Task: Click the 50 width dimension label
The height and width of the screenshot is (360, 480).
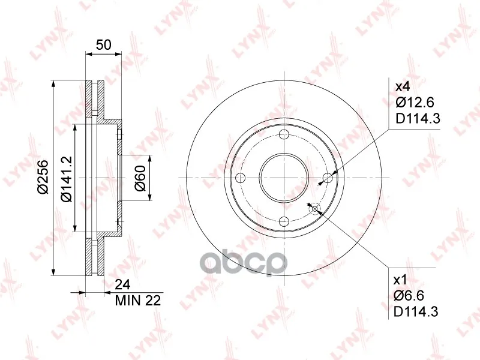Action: (103, 45)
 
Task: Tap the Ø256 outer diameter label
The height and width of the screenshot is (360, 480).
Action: (43, 177)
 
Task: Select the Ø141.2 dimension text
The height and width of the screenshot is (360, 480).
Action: (67, 179)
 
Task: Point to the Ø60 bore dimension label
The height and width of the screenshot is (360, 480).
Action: (140, 178)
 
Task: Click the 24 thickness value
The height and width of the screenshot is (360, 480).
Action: (122, 284)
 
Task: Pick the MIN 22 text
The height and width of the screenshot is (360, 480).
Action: (138, 301)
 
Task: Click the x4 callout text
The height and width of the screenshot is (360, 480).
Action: (403, 87)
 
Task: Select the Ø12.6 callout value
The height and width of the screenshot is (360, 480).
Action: (415, 103)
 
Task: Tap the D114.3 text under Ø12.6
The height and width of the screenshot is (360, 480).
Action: (418, 118)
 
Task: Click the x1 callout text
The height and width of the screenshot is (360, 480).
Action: (400, 280)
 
